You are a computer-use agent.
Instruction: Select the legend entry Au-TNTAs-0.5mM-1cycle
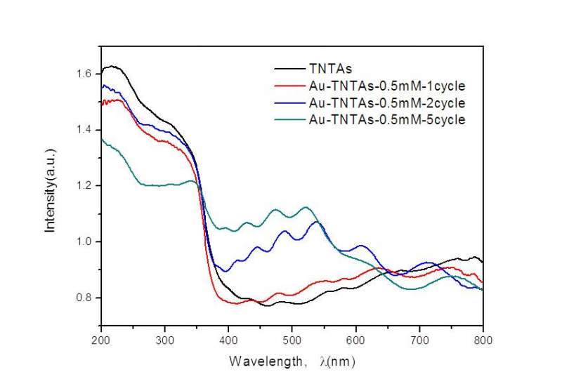[386, 86]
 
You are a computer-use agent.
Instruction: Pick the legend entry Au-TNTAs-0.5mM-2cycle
[386, 102]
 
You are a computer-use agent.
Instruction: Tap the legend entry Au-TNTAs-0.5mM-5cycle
[386, 119]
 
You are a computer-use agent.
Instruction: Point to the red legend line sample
[288, 87]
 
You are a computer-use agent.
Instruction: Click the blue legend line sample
[288, 103]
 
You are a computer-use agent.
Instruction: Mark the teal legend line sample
[288, 120]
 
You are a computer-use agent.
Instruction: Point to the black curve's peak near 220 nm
[112, 67]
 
